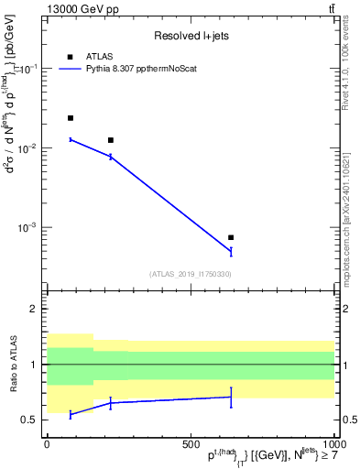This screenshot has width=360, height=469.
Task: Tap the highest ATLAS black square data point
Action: [71, 118]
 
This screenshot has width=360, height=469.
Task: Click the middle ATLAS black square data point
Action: [111, 140]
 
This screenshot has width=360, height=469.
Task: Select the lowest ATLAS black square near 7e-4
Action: [231, 237]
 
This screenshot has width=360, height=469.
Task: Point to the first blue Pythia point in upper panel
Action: [71, 139]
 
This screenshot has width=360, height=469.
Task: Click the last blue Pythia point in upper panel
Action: [231, 251]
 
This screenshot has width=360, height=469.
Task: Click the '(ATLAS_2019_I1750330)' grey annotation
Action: [190, 273]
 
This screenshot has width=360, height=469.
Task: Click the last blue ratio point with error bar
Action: [231, 397]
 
